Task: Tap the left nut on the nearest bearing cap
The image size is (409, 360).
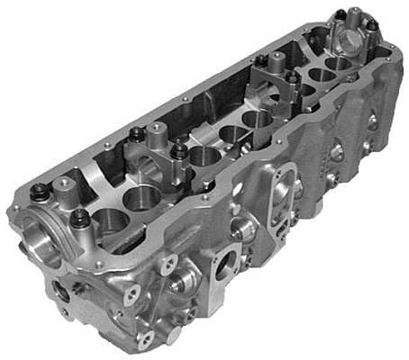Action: (x=41, y=191)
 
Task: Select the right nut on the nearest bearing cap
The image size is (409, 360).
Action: (x=79, y=217)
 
